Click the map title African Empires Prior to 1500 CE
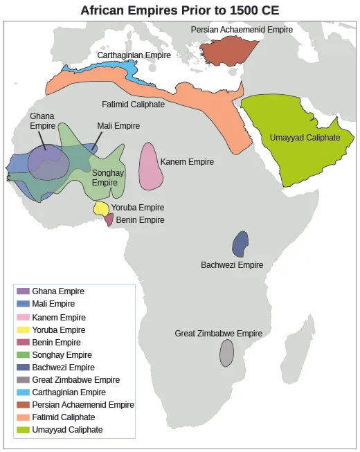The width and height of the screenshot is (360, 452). [180, 10]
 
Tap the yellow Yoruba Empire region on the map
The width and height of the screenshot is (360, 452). [101, 208]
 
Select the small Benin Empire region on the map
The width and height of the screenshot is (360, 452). [109, 219]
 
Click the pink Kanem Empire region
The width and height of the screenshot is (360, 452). [150, 167]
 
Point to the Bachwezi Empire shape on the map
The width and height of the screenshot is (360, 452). [240, 244]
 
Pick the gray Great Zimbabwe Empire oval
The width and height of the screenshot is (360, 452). [226, 352]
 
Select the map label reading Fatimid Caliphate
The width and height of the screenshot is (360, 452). [134, 105]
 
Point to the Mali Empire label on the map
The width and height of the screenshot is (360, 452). [118, 127]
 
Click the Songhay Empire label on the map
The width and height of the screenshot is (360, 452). [108, 177]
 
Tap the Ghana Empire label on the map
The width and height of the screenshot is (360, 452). [42, 121]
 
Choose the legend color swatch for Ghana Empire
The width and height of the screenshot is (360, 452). [23, 291]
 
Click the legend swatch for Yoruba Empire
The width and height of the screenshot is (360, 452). [23, 330]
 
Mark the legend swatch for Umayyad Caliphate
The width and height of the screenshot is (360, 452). [23, 430]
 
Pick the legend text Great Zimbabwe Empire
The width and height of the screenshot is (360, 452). [75, 380]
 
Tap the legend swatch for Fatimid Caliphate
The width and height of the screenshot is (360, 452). [23, 417]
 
